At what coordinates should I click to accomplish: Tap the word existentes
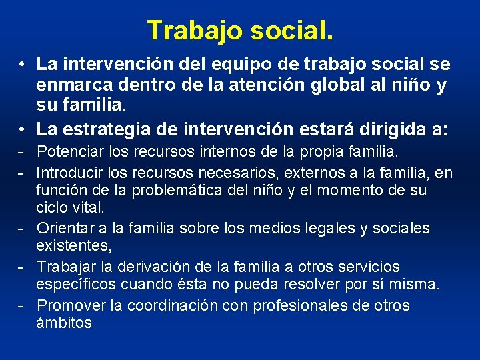click(x=73, y=246)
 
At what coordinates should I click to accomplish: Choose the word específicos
click(x=77, y=285)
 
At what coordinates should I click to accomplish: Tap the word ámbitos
click(x=64, y=323)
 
